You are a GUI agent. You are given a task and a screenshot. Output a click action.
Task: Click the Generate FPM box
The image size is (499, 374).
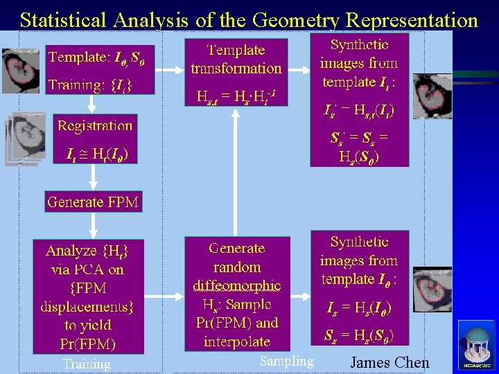(x=93, y=202)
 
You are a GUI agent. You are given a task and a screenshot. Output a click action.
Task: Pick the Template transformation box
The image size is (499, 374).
(x=236, y=60)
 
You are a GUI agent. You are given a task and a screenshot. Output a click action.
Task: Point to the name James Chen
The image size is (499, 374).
(x=389, y=362)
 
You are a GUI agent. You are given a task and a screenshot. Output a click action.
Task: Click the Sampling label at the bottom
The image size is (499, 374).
(x=286, y=361)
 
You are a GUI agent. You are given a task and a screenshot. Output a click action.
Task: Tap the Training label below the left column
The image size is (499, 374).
(x=87, y=364)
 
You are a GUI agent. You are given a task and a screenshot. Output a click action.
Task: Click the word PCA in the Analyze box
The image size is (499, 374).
(x=94, y=269)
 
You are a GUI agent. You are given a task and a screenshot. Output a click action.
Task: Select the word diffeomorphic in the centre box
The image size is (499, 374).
(x=237, y=285)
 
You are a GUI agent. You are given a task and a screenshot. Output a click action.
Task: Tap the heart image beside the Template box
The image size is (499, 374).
(x=21, y=71)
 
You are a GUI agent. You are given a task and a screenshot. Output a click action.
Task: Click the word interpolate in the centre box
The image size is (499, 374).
(x=237, y=341)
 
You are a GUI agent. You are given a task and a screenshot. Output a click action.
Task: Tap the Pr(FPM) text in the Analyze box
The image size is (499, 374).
(x=89, y=343)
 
